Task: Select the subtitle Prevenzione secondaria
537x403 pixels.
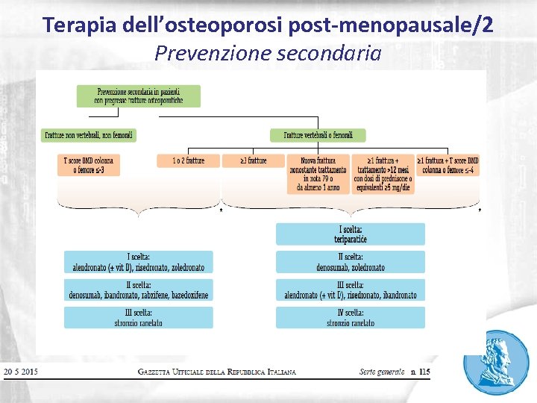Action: click(268, 54)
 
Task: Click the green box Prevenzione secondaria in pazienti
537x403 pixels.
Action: click(138, 96)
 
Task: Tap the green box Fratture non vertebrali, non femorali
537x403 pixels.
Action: click(89, 135)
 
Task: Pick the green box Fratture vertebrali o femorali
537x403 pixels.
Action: click(318, 135)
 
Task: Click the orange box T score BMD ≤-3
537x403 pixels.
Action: click(89, 165)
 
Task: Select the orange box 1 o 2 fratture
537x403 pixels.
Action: click(188, 160)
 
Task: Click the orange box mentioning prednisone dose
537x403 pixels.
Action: click(382, 175)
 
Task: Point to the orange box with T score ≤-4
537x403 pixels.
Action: click(447, 165)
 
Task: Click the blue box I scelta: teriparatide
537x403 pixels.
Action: click(350, 234)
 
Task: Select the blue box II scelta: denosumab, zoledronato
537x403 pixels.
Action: click(350, 262)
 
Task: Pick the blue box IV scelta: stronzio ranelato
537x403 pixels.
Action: click(350, 318)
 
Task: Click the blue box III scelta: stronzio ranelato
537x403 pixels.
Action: click(138, 318)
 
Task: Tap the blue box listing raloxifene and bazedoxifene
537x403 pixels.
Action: click(138, 290)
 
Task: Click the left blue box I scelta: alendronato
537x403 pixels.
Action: click(138, 262)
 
